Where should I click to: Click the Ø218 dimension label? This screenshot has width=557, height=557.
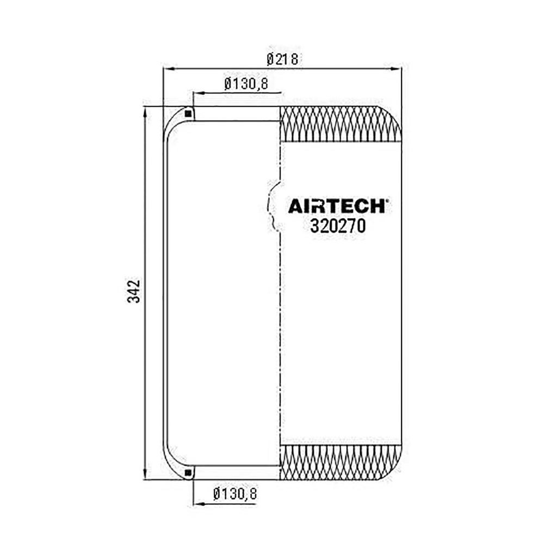(282, 59)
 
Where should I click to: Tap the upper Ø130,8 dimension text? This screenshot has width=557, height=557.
(246, 84)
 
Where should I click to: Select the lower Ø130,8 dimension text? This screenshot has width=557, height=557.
(235, 494)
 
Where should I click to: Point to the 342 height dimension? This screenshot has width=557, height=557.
(134, 292)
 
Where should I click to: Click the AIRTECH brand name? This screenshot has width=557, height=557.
(336, 206)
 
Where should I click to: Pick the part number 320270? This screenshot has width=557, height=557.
(338, 226)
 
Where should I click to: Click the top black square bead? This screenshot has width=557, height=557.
(189, 114)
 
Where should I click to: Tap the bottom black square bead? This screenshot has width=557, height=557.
(189, 473)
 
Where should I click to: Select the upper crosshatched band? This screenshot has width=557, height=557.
(341, 124)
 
